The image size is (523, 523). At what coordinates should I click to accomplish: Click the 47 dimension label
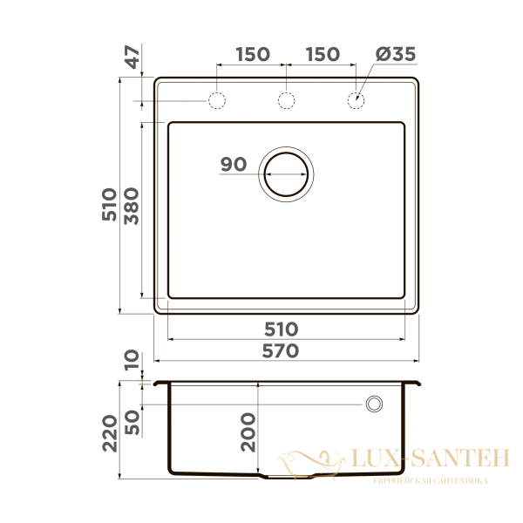[x=133, y=58]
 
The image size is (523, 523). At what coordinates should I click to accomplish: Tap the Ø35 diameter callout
[x=396, y=54]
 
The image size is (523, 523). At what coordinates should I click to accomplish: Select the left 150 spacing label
[x=253, y=54]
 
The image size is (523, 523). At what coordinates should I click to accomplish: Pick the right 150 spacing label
[x=323, y=54]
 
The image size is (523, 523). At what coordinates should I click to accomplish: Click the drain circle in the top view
[x=286, y=146]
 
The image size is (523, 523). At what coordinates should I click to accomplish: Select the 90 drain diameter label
[x=234, y=164]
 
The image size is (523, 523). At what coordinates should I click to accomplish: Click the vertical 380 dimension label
[x=132, y=206]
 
